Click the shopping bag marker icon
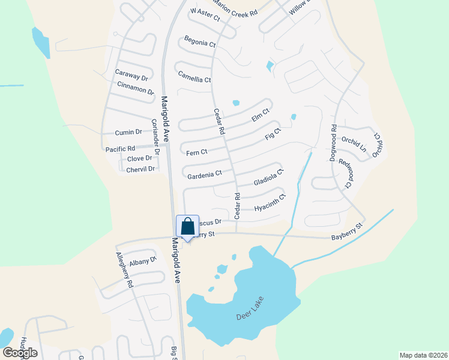[187, 227]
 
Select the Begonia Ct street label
[200, 43]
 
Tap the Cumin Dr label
[128, 132]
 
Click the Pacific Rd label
[121, 148]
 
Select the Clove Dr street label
[139, 159]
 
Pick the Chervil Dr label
[140, 169]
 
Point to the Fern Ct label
[196, 152]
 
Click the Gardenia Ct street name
[205, 174]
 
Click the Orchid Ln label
[354, 145]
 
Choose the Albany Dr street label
[142, 261]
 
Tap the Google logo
[19, 353]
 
